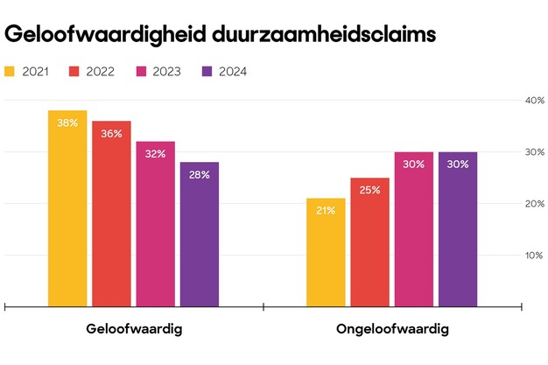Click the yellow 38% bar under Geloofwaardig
(x=67, y=210)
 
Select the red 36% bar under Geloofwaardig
(x=111, y=214)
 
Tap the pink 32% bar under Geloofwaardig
(x=155, y=225)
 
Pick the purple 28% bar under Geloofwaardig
(x=200, y=235)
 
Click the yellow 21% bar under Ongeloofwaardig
(x=326, y=253)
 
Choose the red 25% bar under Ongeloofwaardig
(x=369, y=242)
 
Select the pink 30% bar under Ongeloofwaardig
(x=413, y=229)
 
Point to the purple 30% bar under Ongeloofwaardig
(x=458, y=229)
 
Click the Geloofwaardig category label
(x=133, y=330)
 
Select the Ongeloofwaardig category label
(x=392, y=330)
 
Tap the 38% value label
(x=67, y=123)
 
